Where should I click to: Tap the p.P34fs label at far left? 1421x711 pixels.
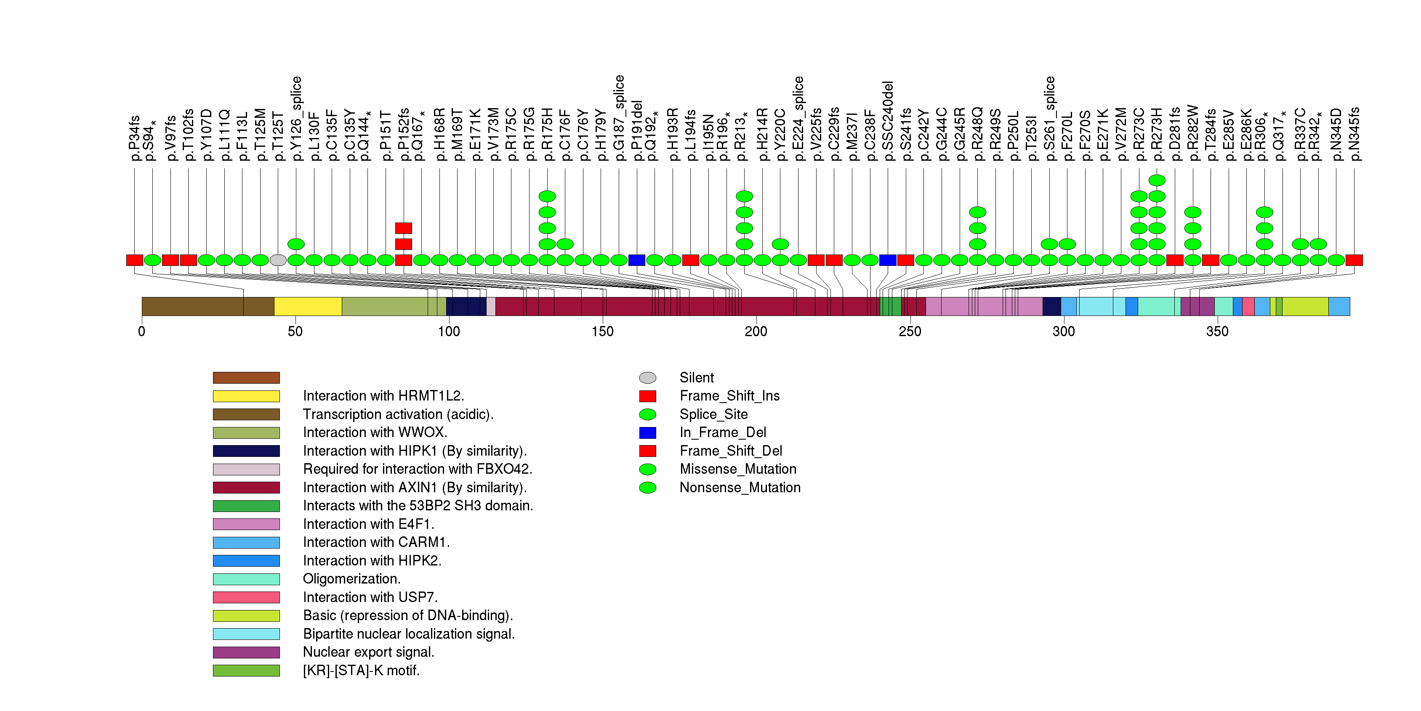(x=134, y=138)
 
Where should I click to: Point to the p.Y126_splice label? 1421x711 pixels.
(x=296, y=119)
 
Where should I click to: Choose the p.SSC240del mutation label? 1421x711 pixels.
(x=888, y=121)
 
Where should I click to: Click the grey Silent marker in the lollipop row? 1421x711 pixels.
(x=278, y=260)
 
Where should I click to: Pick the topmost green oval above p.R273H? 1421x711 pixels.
(x=1157, y=180)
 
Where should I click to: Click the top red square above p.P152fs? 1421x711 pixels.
(x=403, y=228)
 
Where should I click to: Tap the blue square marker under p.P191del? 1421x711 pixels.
(x=636, y=260)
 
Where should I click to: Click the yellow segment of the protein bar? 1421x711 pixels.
(x=308, y=306)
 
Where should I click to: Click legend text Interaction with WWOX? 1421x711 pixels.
(x=375, y=432)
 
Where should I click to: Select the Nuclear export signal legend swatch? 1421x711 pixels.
(x=246, y=653)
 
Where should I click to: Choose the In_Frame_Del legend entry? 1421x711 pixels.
(x=723, y=432)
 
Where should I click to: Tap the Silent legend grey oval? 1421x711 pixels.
(x=648, y=377)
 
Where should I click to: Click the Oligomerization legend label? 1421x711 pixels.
(x=351, y=579)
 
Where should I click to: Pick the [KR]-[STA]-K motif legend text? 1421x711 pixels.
(x=361, y=671)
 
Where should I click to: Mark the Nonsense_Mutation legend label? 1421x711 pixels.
(x=740, y=488)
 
